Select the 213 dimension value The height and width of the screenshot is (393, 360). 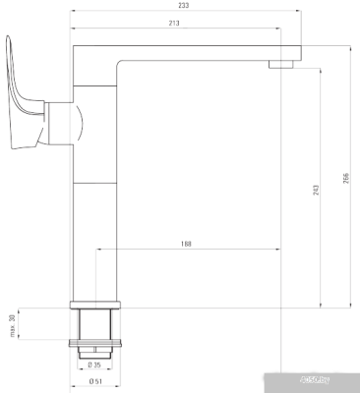point(173,23)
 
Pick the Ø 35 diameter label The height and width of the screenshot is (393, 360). point(95,365)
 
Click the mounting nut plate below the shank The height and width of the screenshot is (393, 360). point(94,344)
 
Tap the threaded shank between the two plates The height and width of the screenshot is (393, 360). point(94,323)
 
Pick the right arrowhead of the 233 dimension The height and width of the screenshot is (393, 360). point(296,13)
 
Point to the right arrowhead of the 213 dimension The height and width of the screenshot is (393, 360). point(279,28)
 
